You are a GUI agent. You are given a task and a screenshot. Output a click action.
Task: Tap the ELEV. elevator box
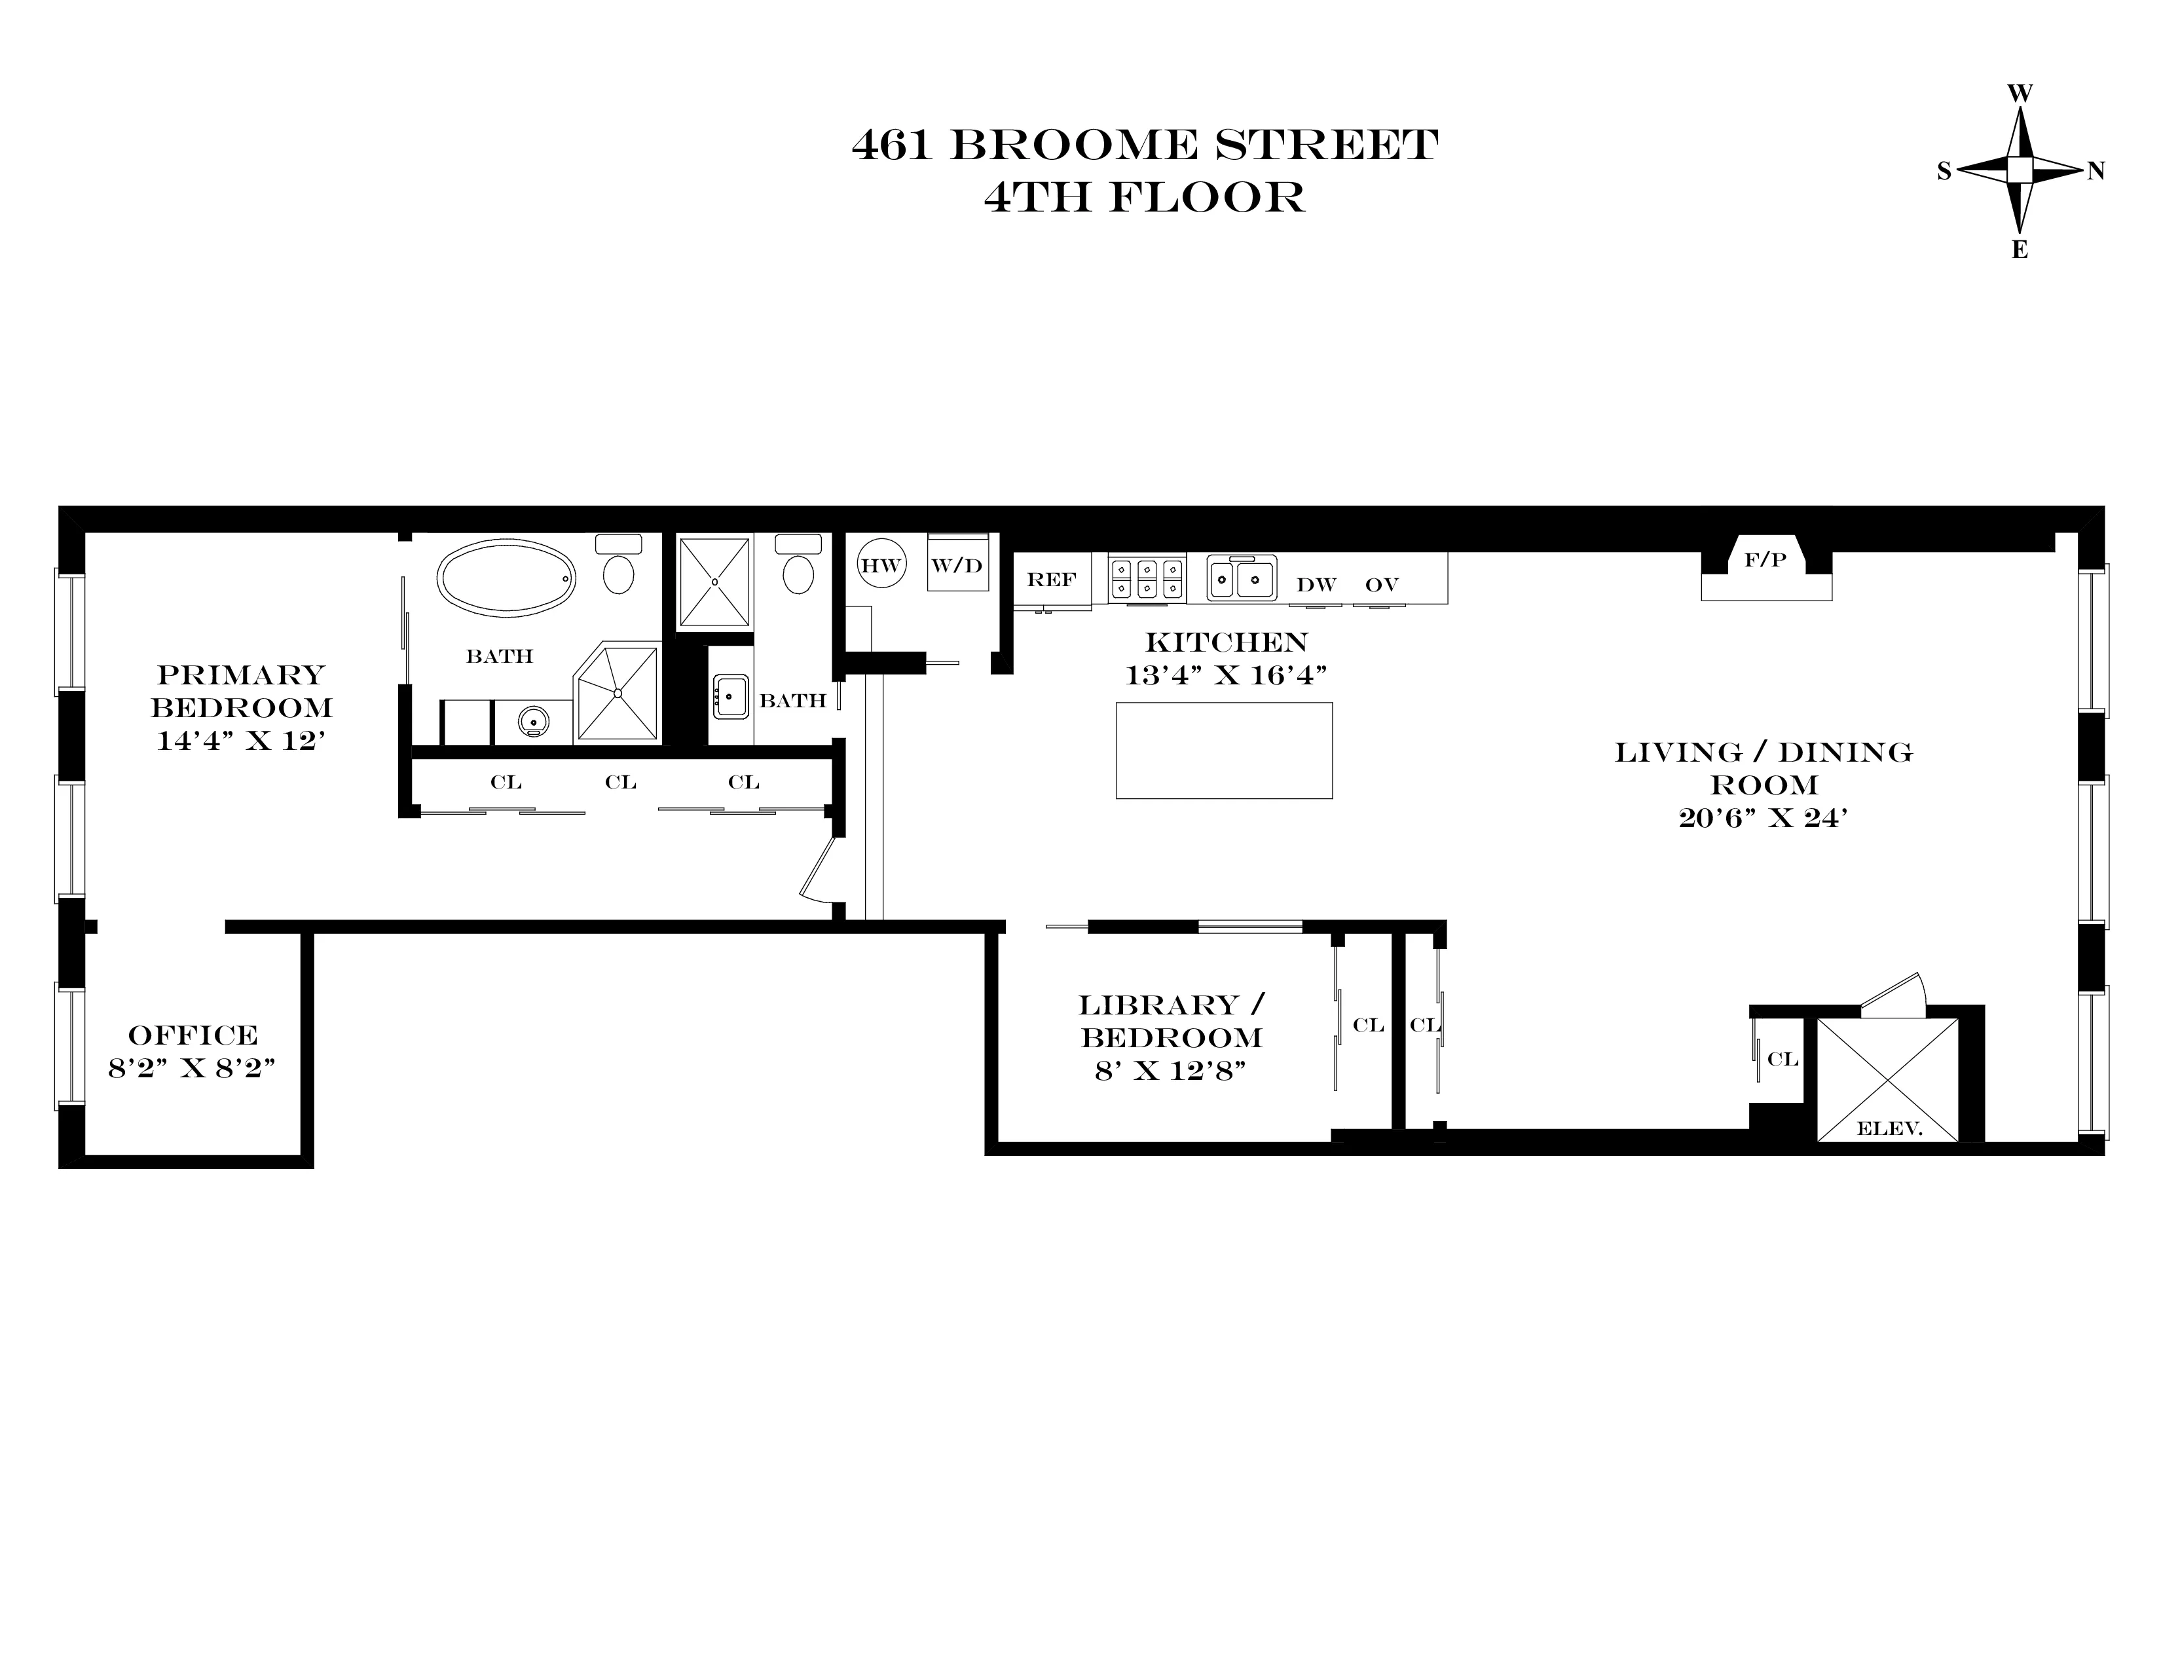pyautogui.click(x=1888, y=1079)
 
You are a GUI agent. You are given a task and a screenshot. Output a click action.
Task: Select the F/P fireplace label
pyautogui.click(x=1765, y=560)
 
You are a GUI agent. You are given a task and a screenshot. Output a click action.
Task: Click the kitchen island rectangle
pyautogui.click(x=1224, y=750)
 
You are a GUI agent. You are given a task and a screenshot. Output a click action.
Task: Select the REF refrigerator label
pyautogui.click(x=1051, y=580)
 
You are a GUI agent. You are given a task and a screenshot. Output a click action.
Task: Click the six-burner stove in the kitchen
pyautogui.click(x=1147, y=578)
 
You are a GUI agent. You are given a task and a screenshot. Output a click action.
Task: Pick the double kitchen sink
pyautogui.click(x=1242, y=577)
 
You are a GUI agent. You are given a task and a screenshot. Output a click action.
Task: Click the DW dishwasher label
pyautogui.click(x=1316, y=585)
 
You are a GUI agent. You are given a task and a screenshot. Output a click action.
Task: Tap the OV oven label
pyautogui.click(x=1381, y=585)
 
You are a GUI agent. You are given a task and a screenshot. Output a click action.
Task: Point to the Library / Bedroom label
pyautogui.click(x=1172, y=1021)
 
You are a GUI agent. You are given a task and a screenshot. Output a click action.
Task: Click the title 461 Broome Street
pyautogui.click(x=1145, y=145)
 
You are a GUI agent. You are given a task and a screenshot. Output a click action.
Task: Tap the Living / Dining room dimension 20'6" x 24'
pyautogui.click(x=1764, y=818)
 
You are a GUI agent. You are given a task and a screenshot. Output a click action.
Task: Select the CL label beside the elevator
pyautogui.click(x=1783, y=1058)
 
